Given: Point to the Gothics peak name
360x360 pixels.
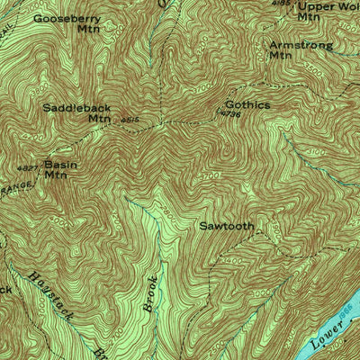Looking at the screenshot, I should [247, 104].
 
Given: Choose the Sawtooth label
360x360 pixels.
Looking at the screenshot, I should [226, 226].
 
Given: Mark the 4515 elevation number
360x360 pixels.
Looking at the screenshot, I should [128, 117].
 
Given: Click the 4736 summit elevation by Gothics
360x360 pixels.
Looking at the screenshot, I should [230, 114].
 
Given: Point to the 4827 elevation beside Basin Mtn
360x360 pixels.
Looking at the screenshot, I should [27, 167].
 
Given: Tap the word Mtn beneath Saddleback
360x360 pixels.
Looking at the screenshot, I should [98, 118].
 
